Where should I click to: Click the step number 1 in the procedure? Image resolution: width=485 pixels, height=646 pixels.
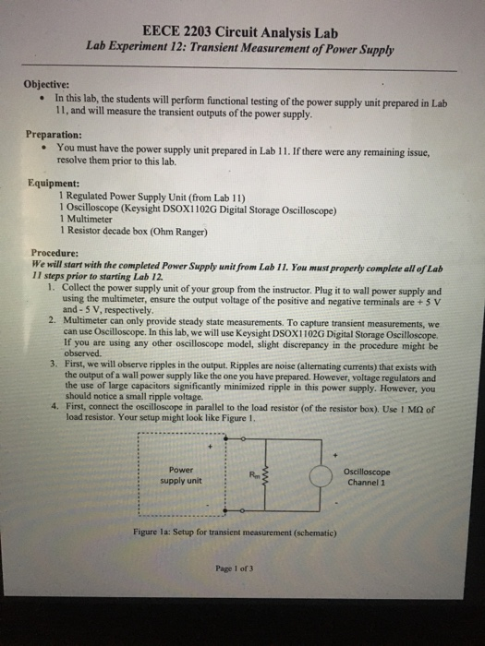pyautogui.click(x=50, y=287)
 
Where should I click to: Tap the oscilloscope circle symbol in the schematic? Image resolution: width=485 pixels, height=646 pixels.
pyautogui.click(x=320, y=476)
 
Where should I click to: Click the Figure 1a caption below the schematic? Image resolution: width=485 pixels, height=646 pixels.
pyautogui.click(x=238, y=532)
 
